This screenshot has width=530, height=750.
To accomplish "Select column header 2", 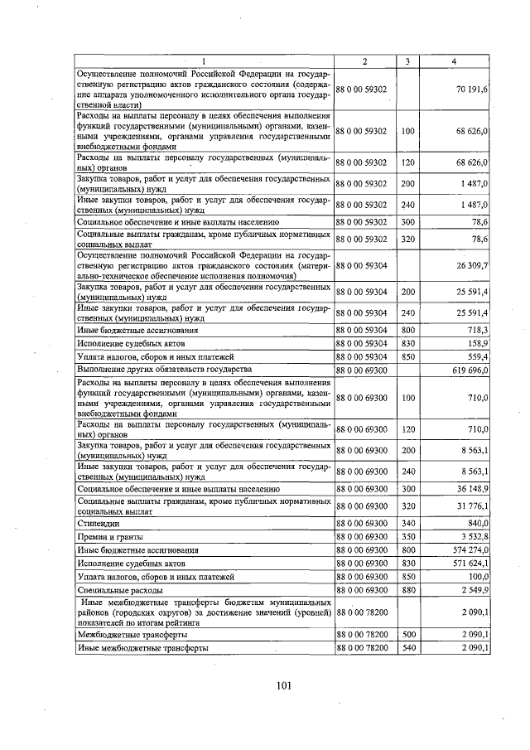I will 364,62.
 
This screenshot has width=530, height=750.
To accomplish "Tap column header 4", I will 454,62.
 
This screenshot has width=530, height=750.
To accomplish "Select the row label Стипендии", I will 99,524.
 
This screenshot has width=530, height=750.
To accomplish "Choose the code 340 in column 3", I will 407,524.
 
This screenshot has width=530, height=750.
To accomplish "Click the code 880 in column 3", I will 407,589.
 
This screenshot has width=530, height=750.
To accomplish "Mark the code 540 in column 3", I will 407,647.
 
